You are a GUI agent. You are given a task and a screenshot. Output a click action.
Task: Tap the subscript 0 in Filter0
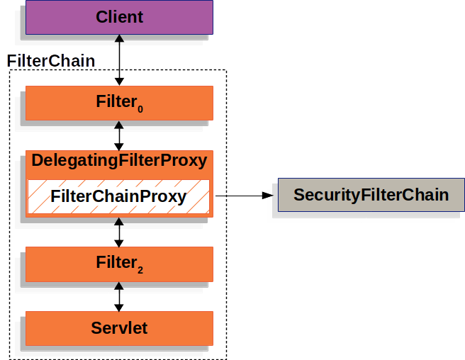click(x=140, y=109)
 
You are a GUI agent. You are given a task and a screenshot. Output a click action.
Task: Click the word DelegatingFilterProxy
click(x=119, y=161)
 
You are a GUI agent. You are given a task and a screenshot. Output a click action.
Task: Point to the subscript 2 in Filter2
click(x=140, y=270)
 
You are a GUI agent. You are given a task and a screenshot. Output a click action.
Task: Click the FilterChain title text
click(x=50, y=61)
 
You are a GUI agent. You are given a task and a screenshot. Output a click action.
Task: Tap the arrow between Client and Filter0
click(x=119, y=60)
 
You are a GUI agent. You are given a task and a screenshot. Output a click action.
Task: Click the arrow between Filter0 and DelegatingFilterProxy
click(x=119, y=135)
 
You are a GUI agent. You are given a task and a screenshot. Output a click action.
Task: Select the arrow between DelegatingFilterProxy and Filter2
click(x=119, y=232)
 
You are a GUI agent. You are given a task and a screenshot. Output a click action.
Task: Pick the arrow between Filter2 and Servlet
click(x=119, y=296)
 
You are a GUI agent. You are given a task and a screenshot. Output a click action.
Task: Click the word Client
click(x=119, y=16)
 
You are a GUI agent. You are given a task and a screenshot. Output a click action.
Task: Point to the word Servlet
click(x=119, y=328)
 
